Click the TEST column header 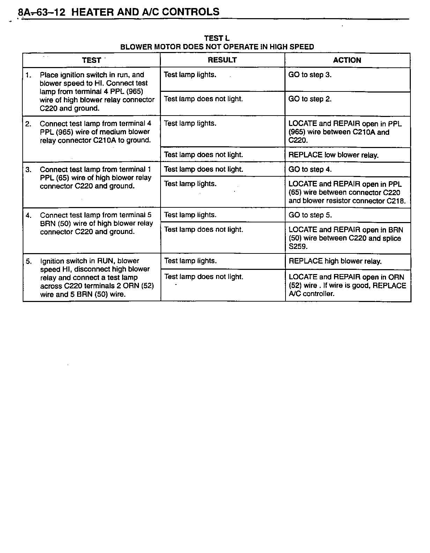coord(91,60)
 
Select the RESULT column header coord(222,60)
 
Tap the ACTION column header coord(347,60)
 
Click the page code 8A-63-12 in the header coord(42,12)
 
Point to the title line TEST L coord(217,38)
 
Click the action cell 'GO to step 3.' coord(310,75)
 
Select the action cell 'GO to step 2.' coord(310,99)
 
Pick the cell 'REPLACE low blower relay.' coord(333,155)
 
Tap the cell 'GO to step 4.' coord(310,170)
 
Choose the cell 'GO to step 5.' coord(310,215)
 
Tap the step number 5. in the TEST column coord(29,261)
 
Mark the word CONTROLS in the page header coord(191,12)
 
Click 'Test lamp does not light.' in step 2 coord(203,155)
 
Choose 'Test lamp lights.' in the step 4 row coord(190,215)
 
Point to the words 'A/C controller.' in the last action coord(311,294)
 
